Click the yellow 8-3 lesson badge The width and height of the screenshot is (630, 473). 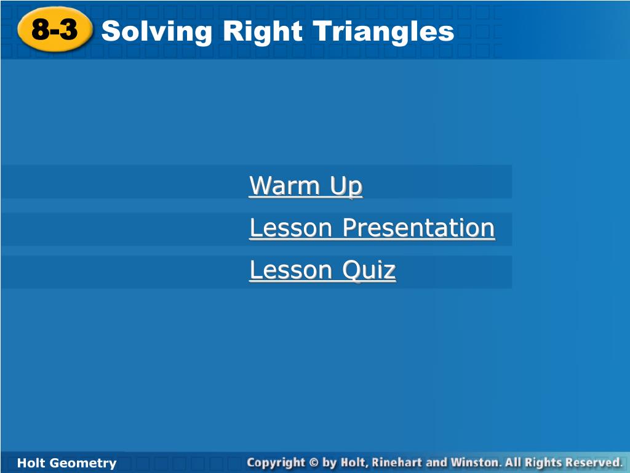(x=55, y=30)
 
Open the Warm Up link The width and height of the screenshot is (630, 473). (x=306, y=186)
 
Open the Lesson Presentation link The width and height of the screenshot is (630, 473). (x=372, y=228)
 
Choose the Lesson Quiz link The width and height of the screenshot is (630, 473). (x=322, y=270)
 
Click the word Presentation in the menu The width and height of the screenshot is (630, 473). (x=418, y=228)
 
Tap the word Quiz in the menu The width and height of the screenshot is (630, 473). (x=369, y=270)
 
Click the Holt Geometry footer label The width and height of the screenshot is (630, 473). (x=66, y=463)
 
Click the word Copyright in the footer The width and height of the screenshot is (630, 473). (x=276, y=463)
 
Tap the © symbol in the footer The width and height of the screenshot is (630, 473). (x=314, y=463)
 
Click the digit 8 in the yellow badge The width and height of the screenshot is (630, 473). (x=41, y=30)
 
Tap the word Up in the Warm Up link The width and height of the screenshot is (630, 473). (x=346, y=187)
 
